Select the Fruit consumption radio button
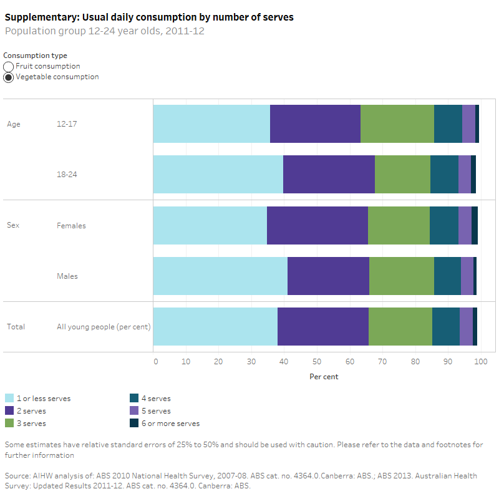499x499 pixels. tap(9, 66)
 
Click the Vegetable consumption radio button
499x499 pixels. tap(9, 77)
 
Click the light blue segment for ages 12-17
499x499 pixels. tap(211, 124)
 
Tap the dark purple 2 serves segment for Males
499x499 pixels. tap(328, 276)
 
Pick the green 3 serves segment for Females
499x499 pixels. tap(399, 225)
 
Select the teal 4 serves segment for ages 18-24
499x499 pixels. tap(444, 175)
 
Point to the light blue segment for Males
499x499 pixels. tap(220, 276)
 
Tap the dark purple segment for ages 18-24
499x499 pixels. tap(329, 175)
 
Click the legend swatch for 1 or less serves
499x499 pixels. tap(9, 399)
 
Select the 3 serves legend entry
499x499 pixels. tap(31, 424)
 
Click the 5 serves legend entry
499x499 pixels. tap(159, 411)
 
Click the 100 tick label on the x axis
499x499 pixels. tap(480, 361)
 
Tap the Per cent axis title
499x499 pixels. tap(324, 377)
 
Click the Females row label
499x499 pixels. tap(71, 226)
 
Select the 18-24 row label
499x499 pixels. tap(67, 175)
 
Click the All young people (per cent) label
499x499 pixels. tap(104, 327)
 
